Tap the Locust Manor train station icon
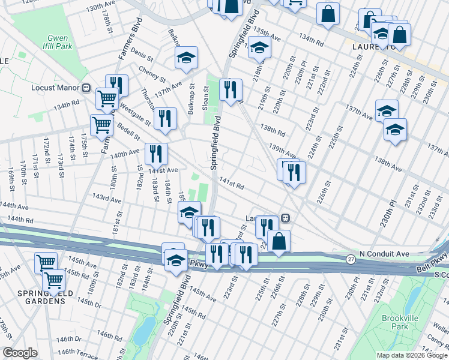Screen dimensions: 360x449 pyautogui.click(x=86, y=88)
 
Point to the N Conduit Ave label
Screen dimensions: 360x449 pyautogui.click(x=384, y=254)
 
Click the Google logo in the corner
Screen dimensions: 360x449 pyautogui.click(x=20, y=353)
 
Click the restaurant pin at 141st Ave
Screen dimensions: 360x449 pyautogui.click(x=155, y=155)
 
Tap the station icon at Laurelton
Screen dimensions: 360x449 pyautogui.click(x=287, y=218)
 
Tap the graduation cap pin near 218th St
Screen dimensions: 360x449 pyautogui.click(x=259, y=48)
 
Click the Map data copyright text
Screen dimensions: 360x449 pyautogui.click(x=412, y=355)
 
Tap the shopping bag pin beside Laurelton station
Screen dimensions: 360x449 pyautogui.click(x=279, y=241)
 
